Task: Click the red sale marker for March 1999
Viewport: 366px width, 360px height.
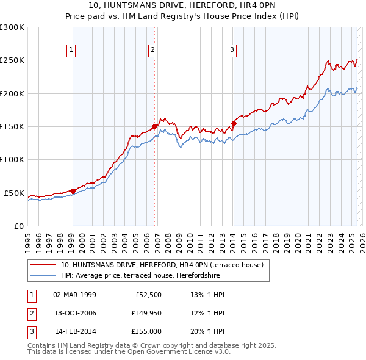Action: tap(73, 191)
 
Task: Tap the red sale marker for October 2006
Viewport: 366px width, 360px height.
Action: tap(155, 126)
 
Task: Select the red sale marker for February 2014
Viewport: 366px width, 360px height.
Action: tap(234, 123)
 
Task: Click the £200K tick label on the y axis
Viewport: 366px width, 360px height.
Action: tap(12, 93)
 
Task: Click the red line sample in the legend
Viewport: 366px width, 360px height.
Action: tap(43, 265)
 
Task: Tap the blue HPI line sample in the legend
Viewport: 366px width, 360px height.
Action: tap(43, 275)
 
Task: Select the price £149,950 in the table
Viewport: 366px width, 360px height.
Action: tap(145, 313)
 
